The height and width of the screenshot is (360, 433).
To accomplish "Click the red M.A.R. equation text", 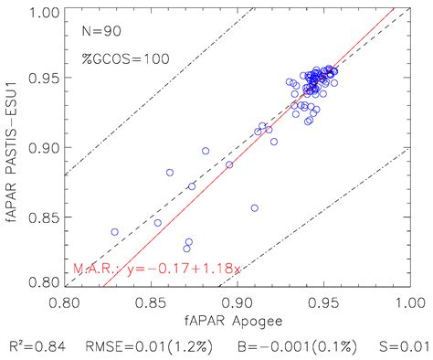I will coord(156,270).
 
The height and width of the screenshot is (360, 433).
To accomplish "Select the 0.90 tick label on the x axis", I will coord(238,301).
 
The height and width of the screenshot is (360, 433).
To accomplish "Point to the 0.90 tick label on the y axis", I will coord(42,147).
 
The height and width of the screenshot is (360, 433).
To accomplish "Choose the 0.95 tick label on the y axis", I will coord(42,78).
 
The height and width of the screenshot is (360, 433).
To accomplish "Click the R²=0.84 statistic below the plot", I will coord(46,347).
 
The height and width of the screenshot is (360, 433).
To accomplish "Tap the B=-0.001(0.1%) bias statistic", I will coord(294,347).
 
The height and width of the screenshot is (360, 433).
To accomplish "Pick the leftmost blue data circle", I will coord(115,232).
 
